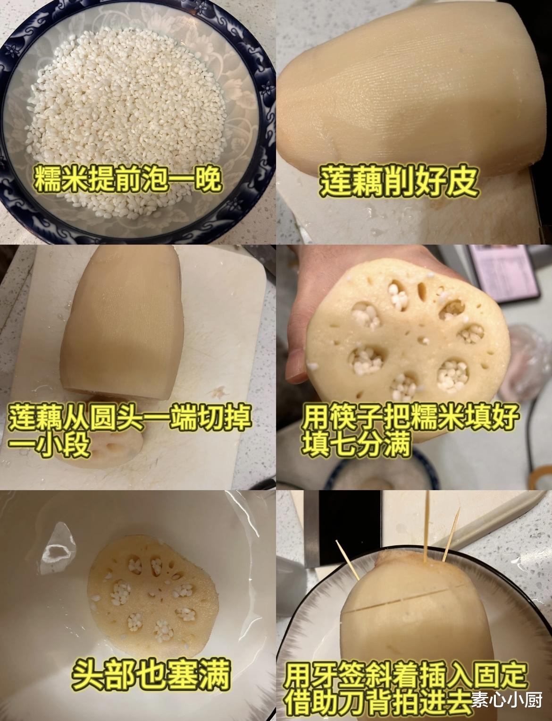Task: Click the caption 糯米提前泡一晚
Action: pyautogui.click(x=128, y=181)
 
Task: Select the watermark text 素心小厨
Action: pyautogui.click(x=507, y=699)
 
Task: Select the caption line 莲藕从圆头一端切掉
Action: pyautogui.click(x=130, y=417)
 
